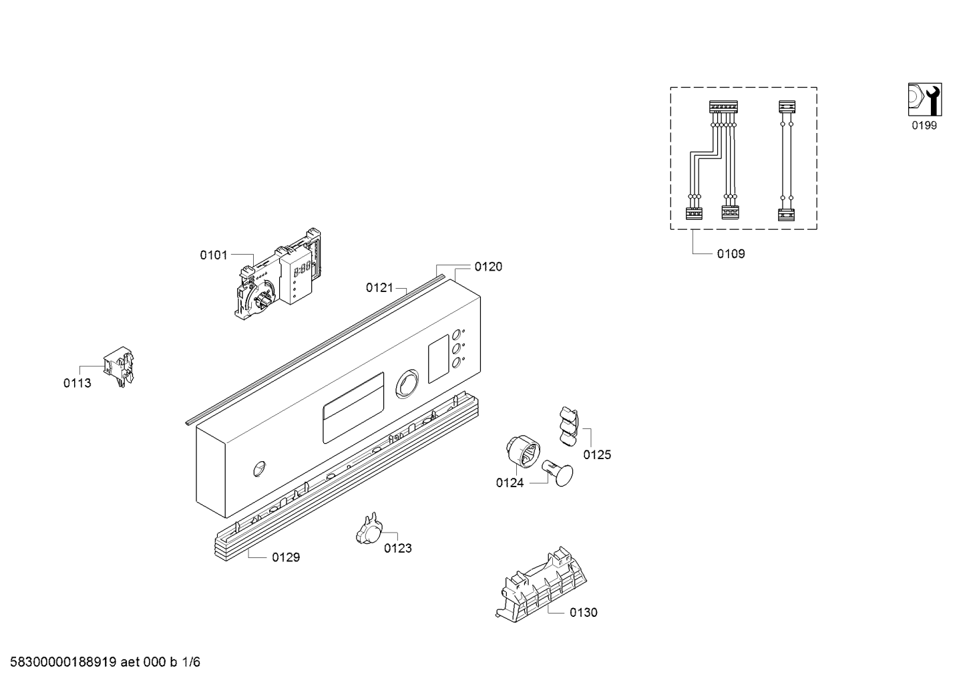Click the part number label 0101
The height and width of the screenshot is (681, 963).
[214, 255]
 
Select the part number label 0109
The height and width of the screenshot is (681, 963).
[731, 254]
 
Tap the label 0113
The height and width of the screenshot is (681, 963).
[77, 383]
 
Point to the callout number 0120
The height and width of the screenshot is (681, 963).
[488, 267]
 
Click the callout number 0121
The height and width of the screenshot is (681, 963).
[379, 287]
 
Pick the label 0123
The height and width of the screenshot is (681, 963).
[397, 548]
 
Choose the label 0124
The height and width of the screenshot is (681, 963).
[510, 483]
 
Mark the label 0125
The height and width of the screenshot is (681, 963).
[597, 454]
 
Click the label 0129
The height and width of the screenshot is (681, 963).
[286, 557]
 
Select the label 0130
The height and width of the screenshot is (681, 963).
[584, 612]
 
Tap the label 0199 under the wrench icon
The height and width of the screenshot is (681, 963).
[924, 125]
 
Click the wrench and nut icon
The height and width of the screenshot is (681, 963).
[925, 100]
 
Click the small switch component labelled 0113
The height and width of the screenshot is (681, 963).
[119, 366]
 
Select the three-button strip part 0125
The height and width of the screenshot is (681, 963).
[569, 426]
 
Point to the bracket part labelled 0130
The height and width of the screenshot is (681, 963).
[541, 585]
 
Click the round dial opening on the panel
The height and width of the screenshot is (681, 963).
[406, 383]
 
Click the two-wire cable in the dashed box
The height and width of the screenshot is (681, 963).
[787, 160]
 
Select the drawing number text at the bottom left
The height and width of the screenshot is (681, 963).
[106, 662]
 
